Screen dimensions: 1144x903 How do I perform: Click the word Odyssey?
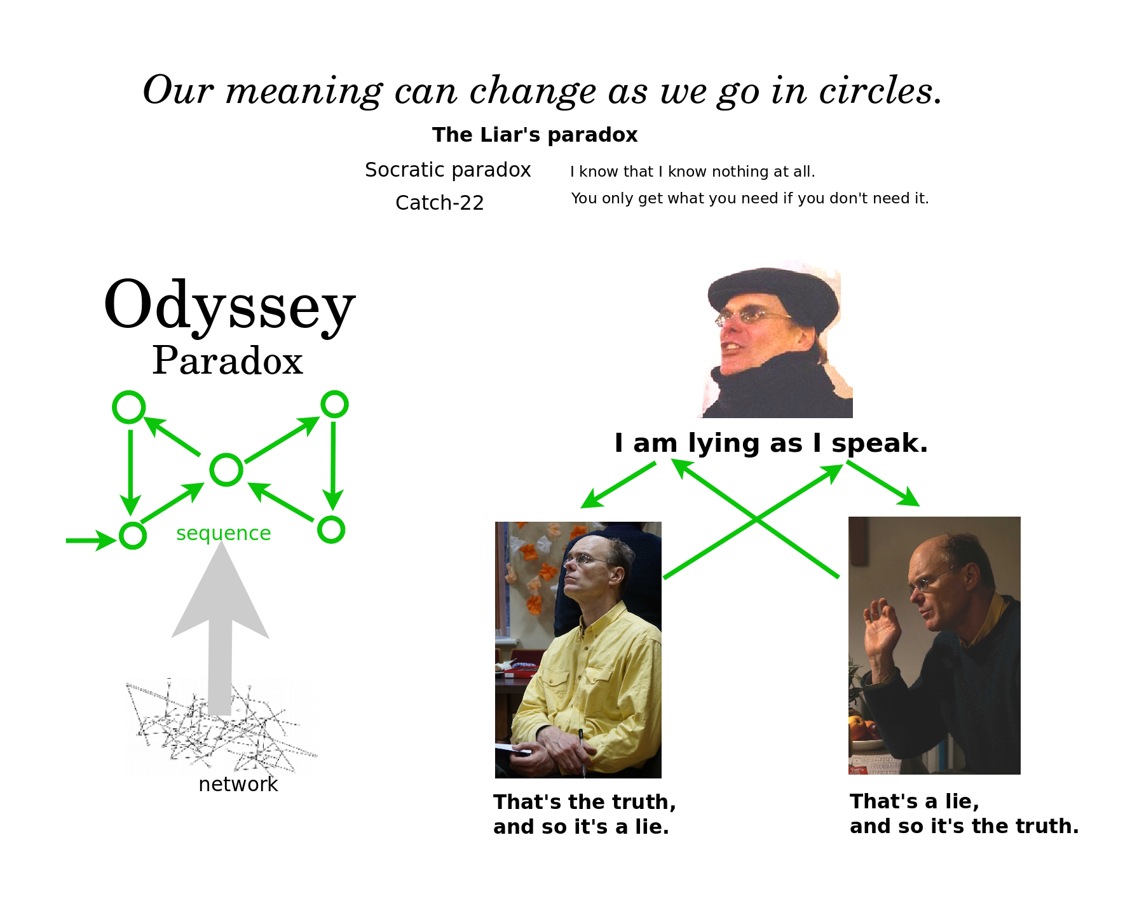tap(229, 307)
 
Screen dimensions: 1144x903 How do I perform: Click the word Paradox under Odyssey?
tap(228, 360)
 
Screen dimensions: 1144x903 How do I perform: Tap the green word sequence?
tap(223, 533)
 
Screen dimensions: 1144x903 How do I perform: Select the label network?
tap(238, 784)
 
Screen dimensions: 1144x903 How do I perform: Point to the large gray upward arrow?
tap(220, 629)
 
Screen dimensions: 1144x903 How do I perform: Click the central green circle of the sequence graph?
tap(226, 470)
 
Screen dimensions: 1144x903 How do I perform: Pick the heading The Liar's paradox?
tap(535, 135)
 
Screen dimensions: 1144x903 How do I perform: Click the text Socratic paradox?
tap(447, 170)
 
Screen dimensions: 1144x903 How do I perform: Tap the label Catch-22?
tap(439, 203)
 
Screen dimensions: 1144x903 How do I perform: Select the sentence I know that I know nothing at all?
tap(692, 172)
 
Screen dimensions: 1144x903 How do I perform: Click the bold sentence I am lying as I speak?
tap(771, 443)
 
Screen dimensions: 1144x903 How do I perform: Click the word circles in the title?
tap(880, 90)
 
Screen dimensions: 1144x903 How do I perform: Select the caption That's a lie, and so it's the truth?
tap(964, 814)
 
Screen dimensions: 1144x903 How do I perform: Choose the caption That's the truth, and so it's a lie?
tap(585, 815)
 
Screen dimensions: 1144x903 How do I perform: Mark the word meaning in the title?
tap(304, 91)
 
